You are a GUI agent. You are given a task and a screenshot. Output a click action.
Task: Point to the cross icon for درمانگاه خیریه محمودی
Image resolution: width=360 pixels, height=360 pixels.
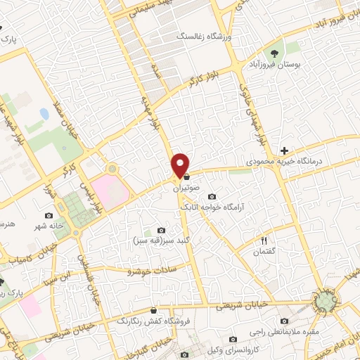284,150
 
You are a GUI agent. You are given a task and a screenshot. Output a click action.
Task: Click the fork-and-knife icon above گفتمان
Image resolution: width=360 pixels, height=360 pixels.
264,240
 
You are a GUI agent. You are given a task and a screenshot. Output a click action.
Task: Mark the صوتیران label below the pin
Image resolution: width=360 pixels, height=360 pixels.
186,188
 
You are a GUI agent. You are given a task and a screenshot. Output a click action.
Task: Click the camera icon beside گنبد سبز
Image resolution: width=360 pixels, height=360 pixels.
162,231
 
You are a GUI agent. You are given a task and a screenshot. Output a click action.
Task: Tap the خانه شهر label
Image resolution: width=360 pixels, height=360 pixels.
47,226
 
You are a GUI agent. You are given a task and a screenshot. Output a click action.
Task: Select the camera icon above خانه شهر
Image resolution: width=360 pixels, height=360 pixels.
48,215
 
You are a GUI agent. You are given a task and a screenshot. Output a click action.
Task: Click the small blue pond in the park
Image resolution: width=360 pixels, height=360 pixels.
44,113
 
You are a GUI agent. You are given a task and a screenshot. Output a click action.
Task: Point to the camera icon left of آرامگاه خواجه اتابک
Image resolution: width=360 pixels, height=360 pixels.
212,198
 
